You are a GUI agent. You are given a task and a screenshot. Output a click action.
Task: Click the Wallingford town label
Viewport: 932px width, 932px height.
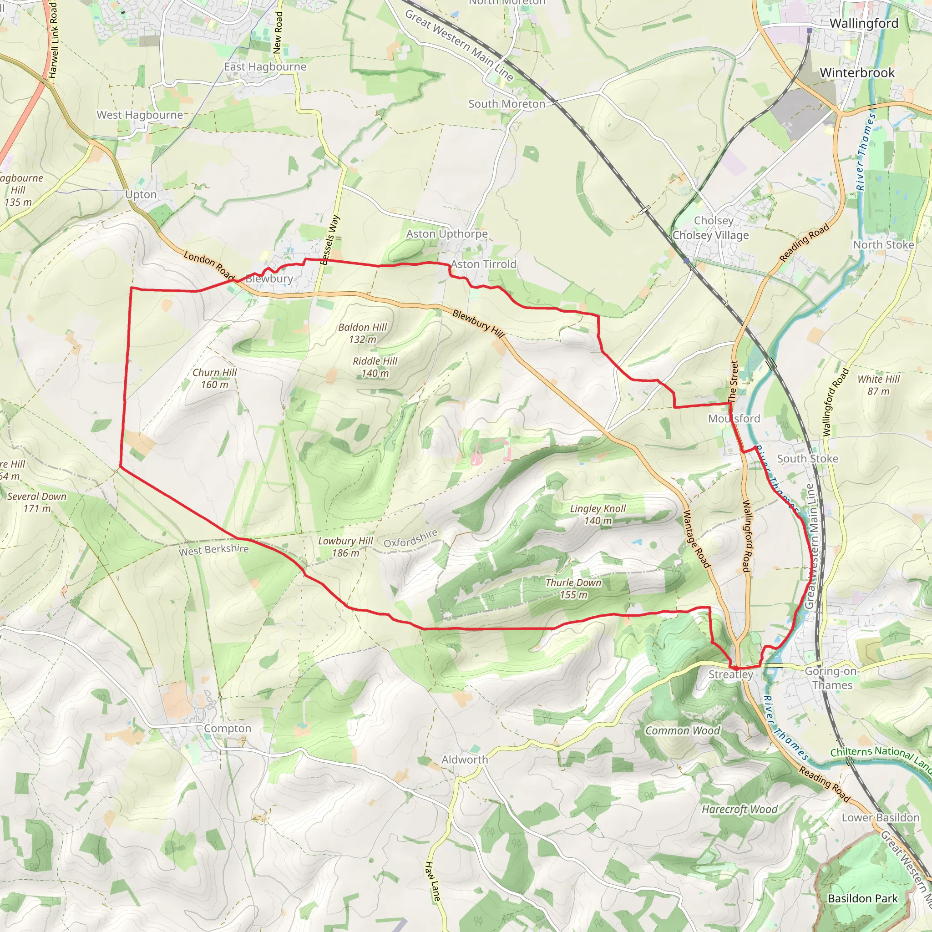click(x=863, y=23)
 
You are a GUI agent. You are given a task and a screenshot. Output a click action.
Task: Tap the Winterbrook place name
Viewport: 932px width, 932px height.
click(x=857, y=73)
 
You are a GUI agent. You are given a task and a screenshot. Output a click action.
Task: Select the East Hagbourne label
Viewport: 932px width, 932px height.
click(x=265, y=66)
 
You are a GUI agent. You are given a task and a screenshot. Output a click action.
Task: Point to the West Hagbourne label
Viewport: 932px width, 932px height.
click(x=140, y=115)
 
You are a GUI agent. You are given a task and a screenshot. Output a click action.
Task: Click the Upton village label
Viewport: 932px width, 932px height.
click(x=141, y=194)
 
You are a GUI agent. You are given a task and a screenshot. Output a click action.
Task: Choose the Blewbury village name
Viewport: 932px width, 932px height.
click(x=269, y=279)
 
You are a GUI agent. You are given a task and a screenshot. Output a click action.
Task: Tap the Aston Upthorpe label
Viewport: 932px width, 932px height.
click(x=447, y=234)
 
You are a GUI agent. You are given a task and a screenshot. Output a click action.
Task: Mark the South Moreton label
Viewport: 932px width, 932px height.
click(x=507, y=104)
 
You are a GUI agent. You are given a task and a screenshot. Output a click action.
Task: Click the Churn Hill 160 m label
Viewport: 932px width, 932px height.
click(x=215, y=378)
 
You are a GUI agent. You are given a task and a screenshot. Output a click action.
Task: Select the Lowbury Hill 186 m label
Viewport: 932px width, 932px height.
click(x=345, y=547)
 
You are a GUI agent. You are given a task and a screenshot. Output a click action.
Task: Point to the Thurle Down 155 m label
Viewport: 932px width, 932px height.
click(x=573, y=588)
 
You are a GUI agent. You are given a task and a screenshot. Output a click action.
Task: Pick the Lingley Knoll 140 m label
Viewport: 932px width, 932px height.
click(x=598, y=514)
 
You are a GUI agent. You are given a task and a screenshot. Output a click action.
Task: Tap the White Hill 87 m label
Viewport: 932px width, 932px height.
click(x=878, y=385)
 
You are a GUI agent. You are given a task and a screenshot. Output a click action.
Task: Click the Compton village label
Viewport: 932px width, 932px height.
click(x=228, y=729)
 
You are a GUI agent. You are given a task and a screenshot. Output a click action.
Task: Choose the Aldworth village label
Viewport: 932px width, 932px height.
click(x=465, y=760)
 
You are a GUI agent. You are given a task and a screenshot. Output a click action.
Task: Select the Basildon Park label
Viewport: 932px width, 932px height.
click(x=862, y=898)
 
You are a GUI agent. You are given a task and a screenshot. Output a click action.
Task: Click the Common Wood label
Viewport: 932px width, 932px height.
click(x=683, y=730)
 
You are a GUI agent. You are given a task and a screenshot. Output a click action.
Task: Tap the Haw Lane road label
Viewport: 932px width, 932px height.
click(x=433, y=881)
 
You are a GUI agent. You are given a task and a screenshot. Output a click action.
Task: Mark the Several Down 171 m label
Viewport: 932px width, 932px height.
click(x=37, y=502)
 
